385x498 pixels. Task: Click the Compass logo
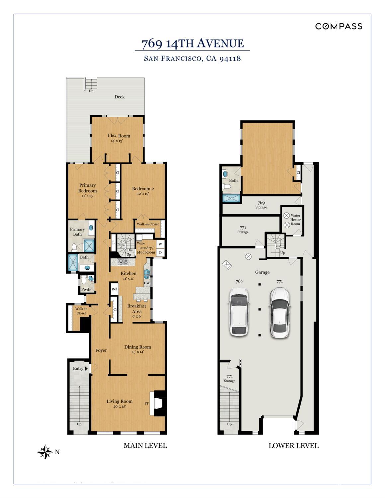[339, 26]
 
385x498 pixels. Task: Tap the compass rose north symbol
[45, 452]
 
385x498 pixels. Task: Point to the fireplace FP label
[147, 403]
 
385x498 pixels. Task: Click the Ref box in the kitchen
[114, 289]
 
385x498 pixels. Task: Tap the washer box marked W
[160, 244]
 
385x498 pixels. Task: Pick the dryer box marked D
[160, 253]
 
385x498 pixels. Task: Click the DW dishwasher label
[147, 283]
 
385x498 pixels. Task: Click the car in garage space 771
[280, 313]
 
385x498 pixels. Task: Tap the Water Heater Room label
[295, 220]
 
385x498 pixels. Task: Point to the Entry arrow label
[80, 368]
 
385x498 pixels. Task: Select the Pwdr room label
[86, 289]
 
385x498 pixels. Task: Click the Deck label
[119, 97]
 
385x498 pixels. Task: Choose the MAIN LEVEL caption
[145, 445]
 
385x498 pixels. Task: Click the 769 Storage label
[261, 205]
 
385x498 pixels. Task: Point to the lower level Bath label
[233, 181]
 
